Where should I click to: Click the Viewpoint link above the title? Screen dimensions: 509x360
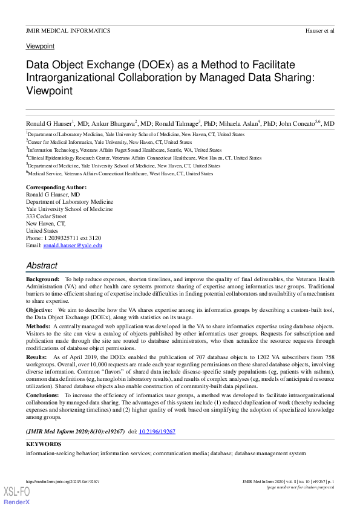click(x=40, y=45)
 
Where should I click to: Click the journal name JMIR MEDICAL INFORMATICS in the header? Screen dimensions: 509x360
click(x=68, y=30)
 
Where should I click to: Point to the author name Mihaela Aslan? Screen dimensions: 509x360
click(x=238, y=123)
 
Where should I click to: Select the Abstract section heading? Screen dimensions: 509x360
click(x=42, y=265)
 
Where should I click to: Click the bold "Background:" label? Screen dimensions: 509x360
click(x=42, y=279)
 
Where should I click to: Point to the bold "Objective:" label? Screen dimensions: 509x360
click(x=39, y=309)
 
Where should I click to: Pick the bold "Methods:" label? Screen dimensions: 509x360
click(x=38, y=325)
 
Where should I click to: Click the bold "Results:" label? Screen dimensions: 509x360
click(x=38, y=357)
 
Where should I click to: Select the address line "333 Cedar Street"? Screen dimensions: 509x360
click(x=46, y=216)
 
